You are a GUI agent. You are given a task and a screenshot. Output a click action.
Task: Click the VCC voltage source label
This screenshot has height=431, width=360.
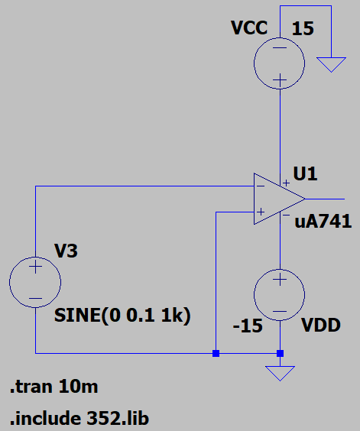tap(249, 28)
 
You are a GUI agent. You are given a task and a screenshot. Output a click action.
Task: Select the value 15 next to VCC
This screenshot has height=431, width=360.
tap(303, 28)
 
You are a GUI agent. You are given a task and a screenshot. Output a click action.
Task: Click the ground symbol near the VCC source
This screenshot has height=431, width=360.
tap(331, 65)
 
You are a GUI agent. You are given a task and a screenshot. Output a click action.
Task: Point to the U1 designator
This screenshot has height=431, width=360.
tap(305, 173)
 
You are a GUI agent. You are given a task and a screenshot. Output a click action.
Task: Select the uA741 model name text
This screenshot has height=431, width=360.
tap(323, 222)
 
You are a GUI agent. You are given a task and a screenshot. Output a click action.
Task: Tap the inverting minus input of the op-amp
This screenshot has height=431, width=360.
tap(260, 186)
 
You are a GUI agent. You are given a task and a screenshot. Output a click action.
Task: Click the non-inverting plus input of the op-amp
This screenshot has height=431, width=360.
tap(260, 212)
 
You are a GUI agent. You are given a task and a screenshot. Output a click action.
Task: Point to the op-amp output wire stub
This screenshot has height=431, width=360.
tap(325, 199)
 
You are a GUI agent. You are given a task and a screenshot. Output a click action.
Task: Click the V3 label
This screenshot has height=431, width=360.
tap(66, 251)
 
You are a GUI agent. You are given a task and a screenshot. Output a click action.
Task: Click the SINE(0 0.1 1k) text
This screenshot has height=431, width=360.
tap(122, 316)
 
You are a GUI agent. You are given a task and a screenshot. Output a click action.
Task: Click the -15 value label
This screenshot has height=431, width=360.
tap(248, 326)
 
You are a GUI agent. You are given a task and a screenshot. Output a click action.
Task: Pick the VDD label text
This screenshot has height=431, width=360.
tap(321, 326)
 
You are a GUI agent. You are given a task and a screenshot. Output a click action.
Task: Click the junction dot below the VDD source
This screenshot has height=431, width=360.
tap(280, 353)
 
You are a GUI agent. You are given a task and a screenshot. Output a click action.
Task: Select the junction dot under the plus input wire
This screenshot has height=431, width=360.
tap(216, 353)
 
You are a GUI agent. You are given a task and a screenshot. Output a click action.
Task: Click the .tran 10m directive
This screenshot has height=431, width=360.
tap(54, 387)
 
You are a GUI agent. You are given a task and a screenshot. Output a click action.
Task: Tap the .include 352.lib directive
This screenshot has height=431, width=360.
tap(79, 418)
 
